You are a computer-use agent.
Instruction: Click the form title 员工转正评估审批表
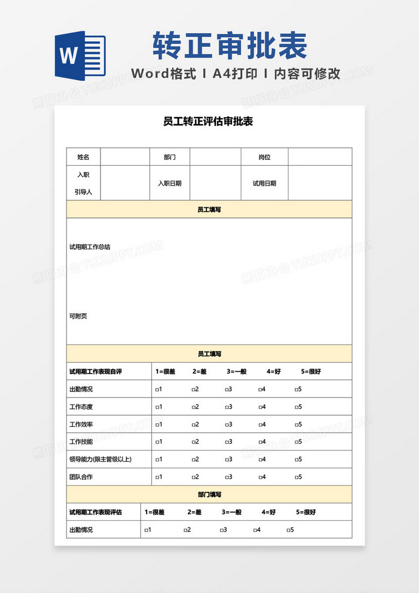pos(208,122)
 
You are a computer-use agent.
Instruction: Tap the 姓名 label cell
pos(83,157)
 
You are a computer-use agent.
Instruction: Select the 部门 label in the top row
pos(169,157)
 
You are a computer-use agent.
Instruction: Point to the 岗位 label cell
pos(264,157)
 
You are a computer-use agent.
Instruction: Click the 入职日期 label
pos(169,183)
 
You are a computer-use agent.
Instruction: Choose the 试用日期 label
pos(264,183)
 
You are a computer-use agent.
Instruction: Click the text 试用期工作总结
pos(90,247)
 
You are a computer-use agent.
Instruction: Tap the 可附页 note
pos(78,316)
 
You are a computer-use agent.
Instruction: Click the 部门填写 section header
pos(209,495)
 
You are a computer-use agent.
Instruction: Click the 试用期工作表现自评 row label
pos(96,371)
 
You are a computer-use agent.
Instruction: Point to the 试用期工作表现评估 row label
pos(96,512)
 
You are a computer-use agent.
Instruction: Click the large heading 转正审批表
pos(229,45)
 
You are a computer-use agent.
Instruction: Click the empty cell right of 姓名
pos(125,157)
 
